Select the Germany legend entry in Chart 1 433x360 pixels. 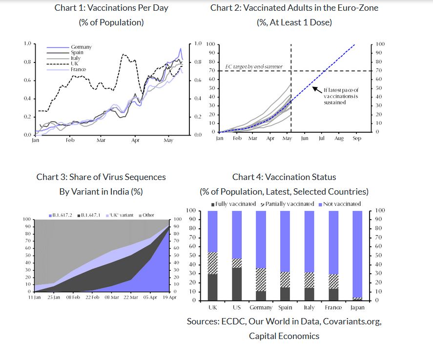tap(81, 47)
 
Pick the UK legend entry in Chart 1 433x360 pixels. tap(75, 63)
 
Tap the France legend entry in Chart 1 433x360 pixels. tap(78, 69)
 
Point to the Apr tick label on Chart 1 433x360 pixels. tap(135, 140)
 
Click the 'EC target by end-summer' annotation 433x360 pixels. tap(254, 66)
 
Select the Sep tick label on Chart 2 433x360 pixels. tap(356, 139)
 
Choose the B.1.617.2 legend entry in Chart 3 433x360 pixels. tap(62, 215)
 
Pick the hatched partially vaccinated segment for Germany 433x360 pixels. tap(261, 280)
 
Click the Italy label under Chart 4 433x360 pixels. tap(309, 308)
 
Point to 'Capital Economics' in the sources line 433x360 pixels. tap(284, 336)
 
